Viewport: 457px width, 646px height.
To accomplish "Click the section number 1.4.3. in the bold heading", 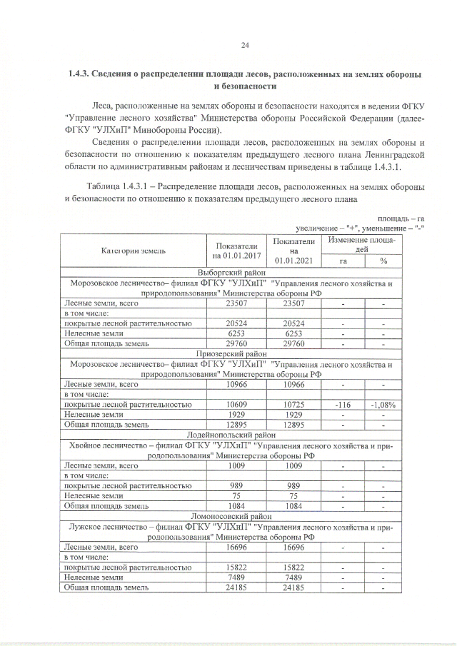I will pyautogui.click(x=81, y=74).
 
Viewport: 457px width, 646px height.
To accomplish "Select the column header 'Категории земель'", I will pyautogui.click(x=133, y=251).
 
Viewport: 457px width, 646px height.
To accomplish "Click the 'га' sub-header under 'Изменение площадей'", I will pyautogui.click(x=343, y=261).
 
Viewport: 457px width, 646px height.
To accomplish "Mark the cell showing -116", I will pyautogui.click(x=343, y=404).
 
